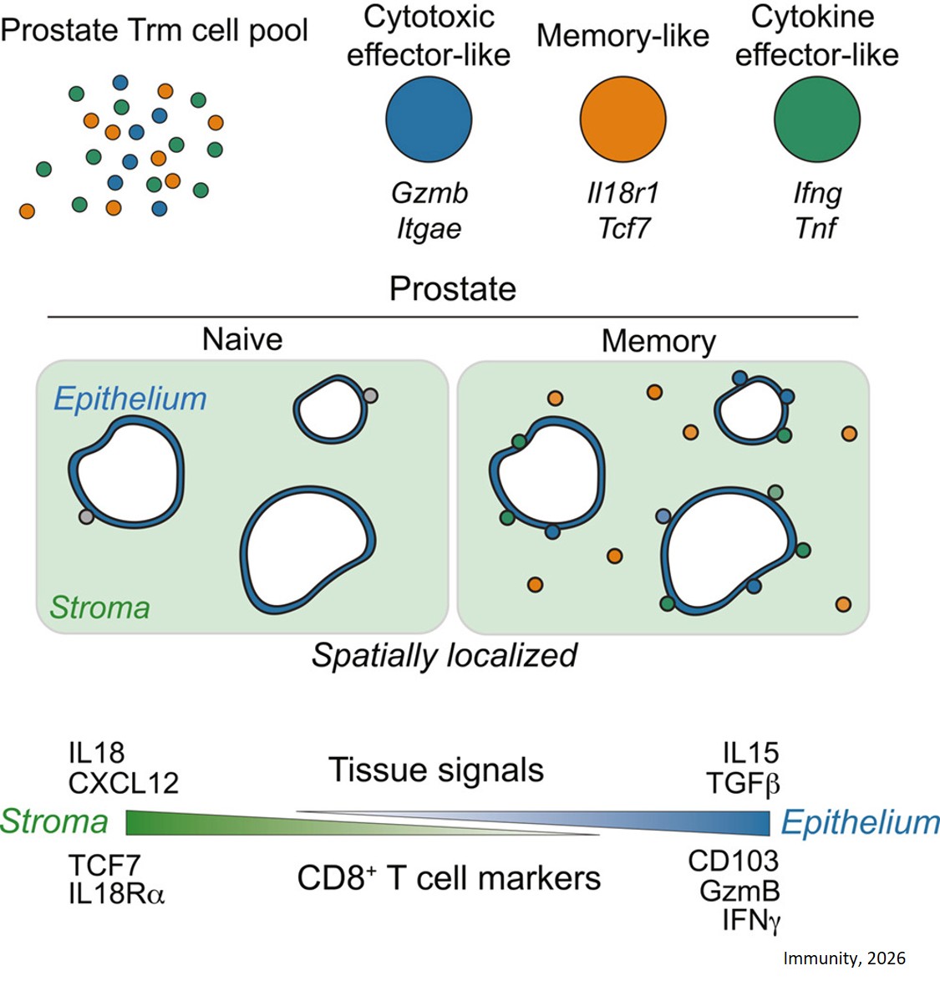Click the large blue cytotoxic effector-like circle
point(429,119)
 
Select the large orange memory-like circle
point(622,119)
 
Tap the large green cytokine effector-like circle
point(816,119)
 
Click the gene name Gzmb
point(429,193)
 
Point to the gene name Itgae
point(429,229)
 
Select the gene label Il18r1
point(622,193)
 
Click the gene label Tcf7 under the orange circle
point(623,229)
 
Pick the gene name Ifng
point(817,194)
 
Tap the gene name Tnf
point(816,228)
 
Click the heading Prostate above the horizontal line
point(453,289)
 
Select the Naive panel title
point(242,339)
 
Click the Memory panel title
point(658,341)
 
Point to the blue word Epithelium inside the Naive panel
point(130,399)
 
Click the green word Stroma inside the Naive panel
point(99,607)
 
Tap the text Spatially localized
point(445,655)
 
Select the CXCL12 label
point(124,783)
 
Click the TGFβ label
point(743,784)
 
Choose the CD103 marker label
point(733,861)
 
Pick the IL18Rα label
point(117,894)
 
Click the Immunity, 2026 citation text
point(844,958)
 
